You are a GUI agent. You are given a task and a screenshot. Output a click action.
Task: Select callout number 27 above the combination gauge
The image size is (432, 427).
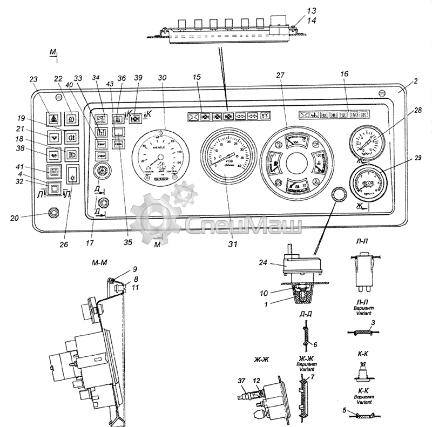pos(280,76)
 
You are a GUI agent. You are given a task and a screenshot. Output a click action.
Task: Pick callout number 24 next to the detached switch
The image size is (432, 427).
pos(263,264)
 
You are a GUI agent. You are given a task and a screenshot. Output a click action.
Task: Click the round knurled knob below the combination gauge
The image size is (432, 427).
pos(339,195)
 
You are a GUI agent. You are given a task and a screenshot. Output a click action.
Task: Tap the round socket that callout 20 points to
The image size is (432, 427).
pos(53,213)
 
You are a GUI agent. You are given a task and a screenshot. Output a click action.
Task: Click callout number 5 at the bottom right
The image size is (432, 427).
pos(345,410)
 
